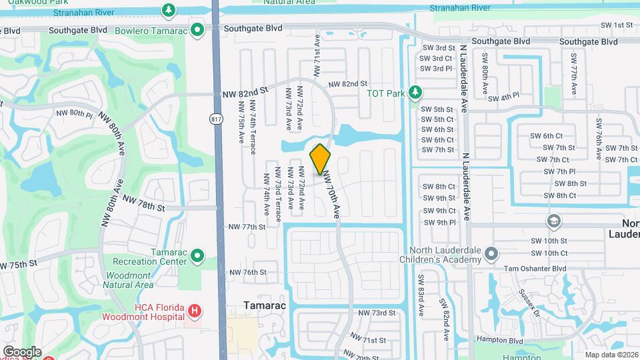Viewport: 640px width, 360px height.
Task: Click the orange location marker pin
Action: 321,159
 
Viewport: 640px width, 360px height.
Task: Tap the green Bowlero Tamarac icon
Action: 197,29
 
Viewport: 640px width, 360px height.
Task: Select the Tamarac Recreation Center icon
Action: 197,256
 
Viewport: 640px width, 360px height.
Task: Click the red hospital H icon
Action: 194,310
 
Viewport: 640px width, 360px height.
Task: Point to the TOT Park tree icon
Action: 416,91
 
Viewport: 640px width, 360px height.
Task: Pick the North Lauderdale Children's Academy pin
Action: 491,253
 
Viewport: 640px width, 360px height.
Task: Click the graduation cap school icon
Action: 553,221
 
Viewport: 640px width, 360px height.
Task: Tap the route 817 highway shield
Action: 215,119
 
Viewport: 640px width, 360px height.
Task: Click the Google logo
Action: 22,351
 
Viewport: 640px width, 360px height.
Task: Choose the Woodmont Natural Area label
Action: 130,280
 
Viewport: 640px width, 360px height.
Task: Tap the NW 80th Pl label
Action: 75,113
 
